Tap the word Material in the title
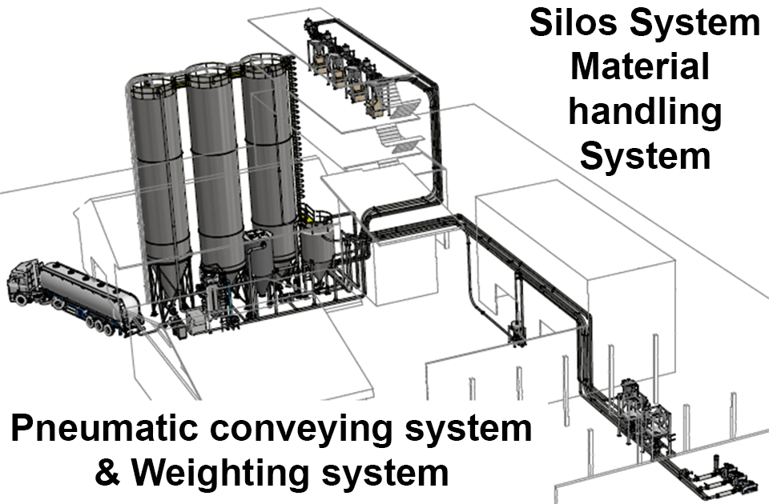tap(640, 67)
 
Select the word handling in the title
tap(645, 112)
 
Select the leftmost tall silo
tap(159, 176)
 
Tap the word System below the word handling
tap(645, 155)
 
